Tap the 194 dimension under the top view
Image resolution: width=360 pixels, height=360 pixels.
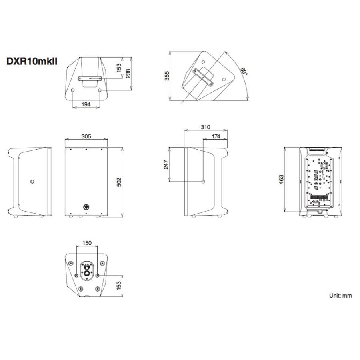click(86, 104)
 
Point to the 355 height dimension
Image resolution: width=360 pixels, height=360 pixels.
click(167, 76)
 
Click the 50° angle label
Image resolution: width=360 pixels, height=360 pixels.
click(244, 72)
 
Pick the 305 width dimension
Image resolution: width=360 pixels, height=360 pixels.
click(86, 136)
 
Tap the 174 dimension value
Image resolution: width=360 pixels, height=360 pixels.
click(216, 136)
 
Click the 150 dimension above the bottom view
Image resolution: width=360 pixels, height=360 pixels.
click(87, 243)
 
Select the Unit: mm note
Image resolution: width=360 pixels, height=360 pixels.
click(340, 296)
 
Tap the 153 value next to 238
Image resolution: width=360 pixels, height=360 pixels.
click(119, 68)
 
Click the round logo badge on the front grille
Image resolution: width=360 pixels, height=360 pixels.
click(85, 207)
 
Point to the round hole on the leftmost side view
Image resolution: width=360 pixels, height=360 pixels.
click(32, 182)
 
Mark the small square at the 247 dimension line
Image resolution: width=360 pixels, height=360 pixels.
click(203, 182)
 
